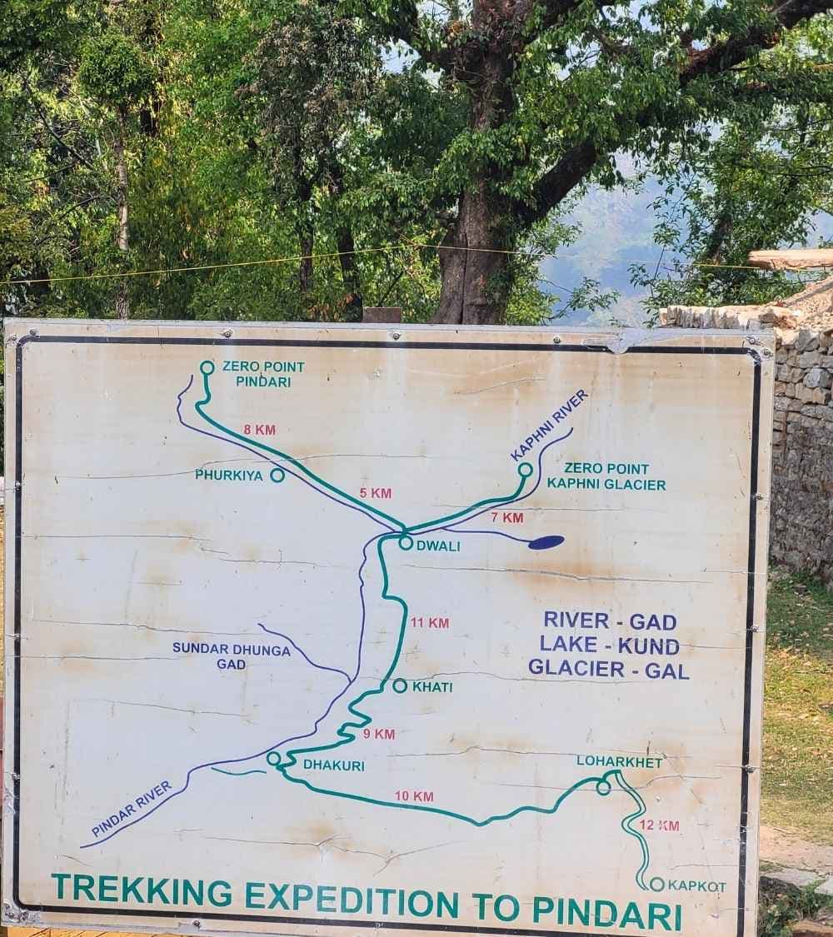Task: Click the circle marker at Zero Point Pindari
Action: pyautogui.click(x=207, y=367)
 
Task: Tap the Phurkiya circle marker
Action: pyautogui.click(x=277, y=475)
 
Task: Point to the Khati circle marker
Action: pyautogui.click(x=400, y=685)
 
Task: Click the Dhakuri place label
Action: pyautogui.click(x=333, y=765)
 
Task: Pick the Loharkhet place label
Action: pyautogui.click(x=619, y=761)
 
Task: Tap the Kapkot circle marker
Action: pyautogui.click(x=656, y=884)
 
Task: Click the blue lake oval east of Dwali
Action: pyautogui.click(x=546, y=542)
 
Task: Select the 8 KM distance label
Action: pyautogui.click(x=259, y=430)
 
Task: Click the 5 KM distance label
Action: pyautogui.click(x=376, y=493)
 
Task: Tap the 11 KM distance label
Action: pyautogui.click(x=430, y=622)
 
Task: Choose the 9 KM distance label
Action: pyautogui.click(x=379, y=734)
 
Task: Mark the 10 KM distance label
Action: pyautogui.click(x=414, y=796)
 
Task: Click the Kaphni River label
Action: pyautogui.click(x=549, y=425)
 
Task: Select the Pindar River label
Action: pyautogui.click(x=132, y=809)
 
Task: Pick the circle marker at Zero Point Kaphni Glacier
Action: pyautogui.click(x=525, y=470)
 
